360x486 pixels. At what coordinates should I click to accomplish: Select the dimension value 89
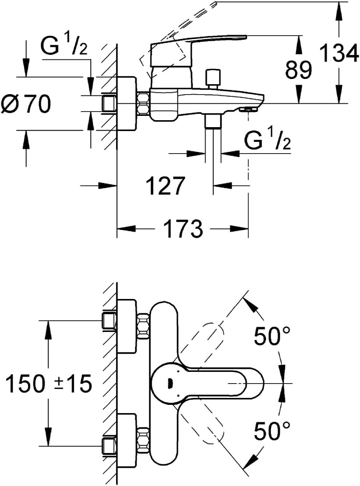[x=299, y=69]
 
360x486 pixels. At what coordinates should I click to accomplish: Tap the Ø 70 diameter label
[x=26, y=104]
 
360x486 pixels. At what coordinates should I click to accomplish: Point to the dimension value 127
[x=165, y=186]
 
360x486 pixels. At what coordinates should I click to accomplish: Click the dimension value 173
[x=183, y=229]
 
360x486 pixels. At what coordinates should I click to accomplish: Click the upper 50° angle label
[x=272, y=336]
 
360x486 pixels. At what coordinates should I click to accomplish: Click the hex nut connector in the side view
[x=144, y=103]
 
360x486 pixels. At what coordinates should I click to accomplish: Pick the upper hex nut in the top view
[x=144, y=326]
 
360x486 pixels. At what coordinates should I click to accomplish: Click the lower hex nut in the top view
[x=144, y=440]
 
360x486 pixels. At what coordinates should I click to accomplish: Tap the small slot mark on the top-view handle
[x=170, y=384]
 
